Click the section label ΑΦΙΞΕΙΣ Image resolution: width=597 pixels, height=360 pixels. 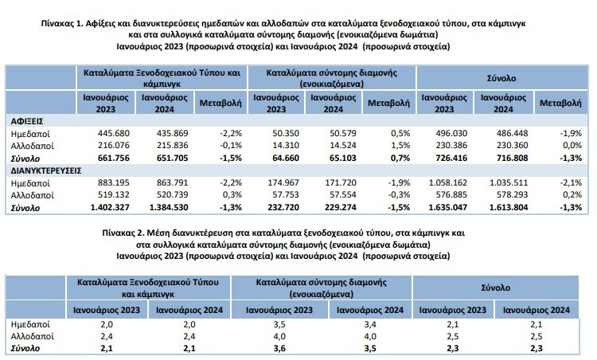[x=26, y=119]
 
